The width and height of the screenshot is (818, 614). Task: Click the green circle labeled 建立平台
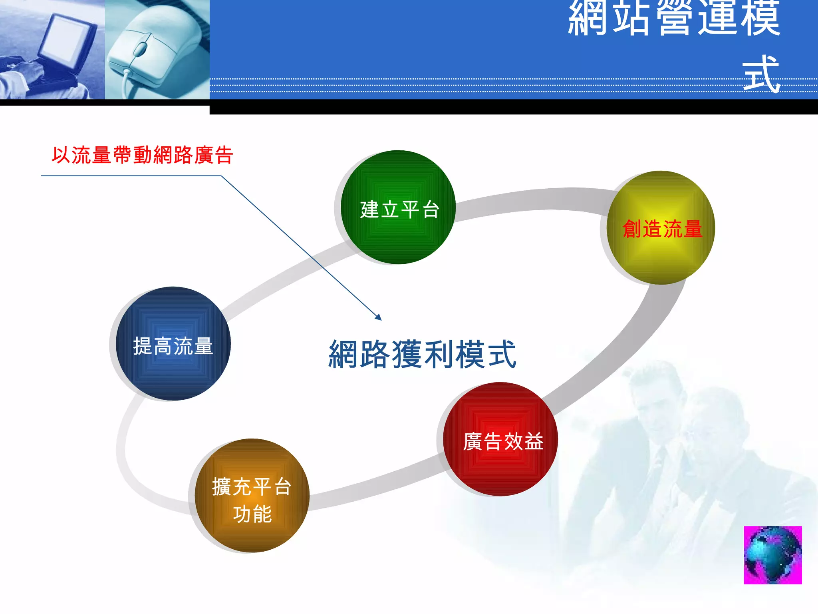398,207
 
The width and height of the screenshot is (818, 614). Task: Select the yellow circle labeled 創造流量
661,228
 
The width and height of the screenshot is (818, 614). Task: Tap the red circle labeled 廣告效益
501,439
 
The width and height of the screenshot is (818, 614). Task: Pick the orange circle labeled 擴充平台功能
252,496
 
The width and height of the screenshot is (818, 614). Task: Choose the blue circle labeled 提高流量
173,344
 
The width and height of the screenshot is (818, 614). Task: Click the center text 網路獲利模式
422,354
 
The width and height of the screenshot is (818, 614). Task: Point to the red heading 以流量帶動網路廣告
142,155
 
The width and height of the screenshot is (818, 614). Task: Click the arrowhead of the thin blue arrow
378,317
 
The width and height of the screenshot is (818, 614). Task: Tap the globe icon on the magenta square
772,555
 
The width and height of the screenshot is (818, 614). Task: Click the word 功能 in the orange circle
252,514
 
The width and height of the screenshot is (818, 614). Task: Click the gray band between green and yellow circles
531,202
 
